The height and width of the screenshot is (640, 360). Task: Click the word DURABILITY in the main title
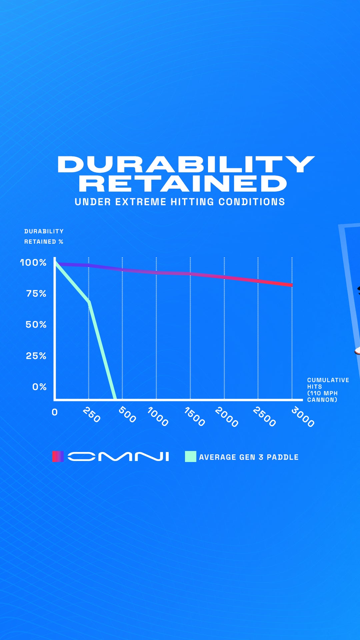tap(186, 164)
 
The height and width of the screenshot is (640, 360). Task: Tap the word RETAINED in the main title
tap(183, 184)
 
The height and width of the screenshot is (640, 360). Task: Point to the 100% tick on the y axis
tap(33, 263)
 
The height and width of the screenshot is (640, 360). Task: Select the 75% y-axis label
tap(36, 294)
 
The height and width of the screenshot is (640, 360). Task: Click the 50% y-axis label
tap(36, 325)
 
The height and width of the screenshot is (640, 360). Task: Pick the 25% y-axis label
tap(36, 356)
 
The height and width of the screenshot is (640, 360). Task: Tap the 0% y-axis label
tap(39, 387)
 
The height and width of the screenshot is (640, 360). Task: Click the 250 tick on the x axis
tap(91, 415)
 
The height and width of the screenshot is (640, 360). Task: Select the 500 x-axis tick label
tap(127, 415)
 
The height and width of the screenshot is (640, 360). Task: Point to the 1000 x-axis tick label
tap(158, 417)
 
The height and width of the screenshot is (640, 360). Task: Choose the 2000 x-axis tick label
tap(227, 417)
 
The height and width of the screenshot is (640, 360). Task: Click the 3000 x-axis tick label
tap(303, 417)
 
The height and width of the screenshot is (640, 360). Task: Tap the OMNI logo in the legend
tap(118, 456)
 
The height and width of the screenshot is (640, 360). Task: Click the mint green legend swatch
tap(191, 456)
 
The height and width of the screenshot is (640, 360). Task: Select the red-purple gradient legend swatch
tap(58, 456)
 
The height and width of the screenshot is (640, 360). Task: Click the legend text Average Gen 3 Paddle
tap(249, 457)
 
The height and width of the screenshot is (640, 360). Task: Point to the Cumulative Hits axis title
tap(328, 390)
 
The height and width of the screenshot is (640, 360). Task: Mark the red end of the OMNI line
tap(292, 285)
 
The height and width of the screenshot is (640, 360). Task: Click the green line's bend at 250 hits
tap(89, 302)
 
